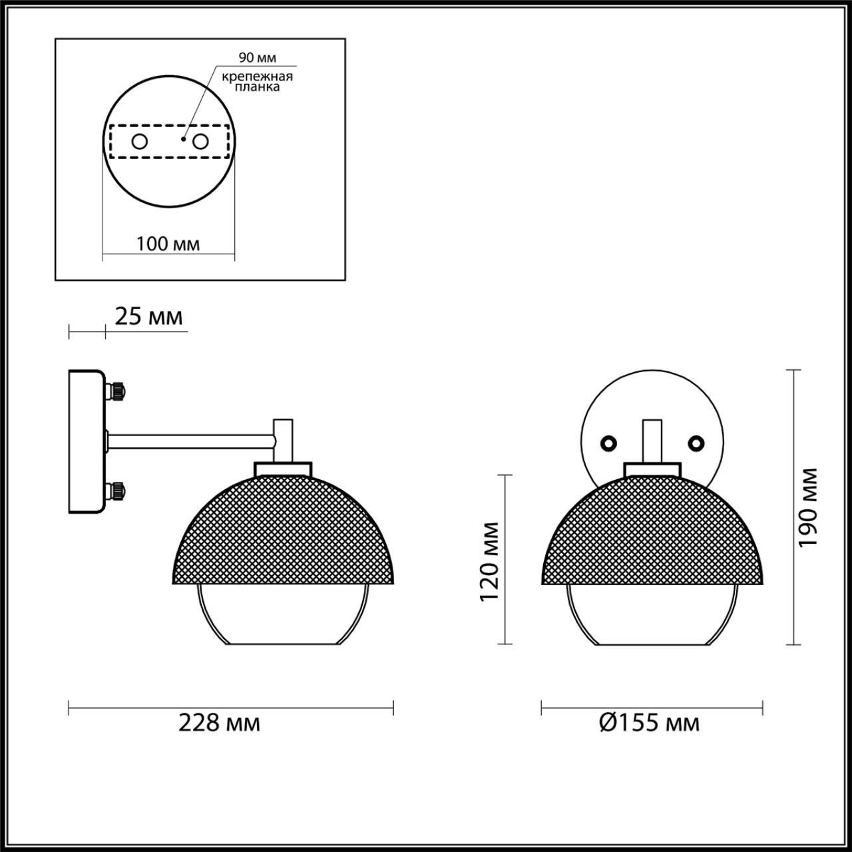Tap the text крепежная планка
click(x=257, y=82)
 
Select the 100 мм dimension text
click(x=168, y=244)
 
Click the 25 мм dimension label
click(x=148, y=317)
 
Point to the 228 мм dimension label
click(x=219, y=723)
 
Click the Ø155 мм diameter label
click(x=649, y=723)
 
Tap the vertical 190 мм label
click(x=807, y=507)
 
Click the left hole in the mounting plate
click(x=140, y=141)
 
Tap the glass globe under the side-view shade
click(x=282, y=616)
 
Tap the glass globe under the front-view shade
click(x=652, y=616)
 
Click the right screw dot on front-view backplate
click(x=696, y=443)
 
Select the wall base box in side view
click(x=86, y=441)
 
